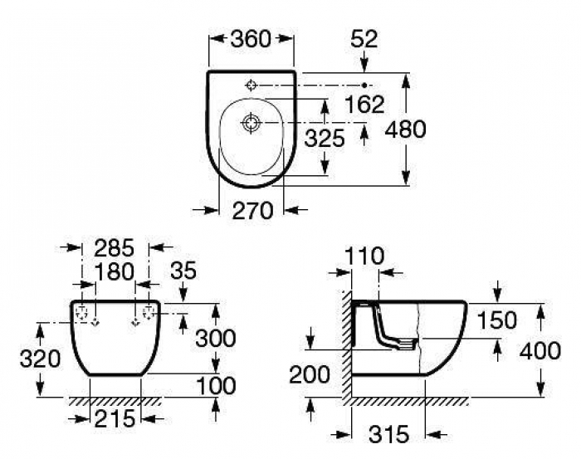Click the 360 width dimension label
251,39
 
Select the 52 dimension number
364,39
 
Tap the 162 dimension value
364,105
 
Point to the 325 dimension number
325,139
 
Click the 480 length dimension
406,129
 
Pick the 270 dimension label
252,211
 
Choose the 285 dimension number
114,248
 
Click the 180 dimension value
115,271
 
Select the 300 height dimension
216,338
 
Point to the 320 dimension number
40,359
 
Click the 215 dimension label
115,419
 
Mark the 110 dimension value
364,256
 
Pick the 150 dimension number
496,320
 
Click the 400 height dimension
540,351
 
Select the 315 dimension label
389,434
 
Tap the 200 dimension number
310,374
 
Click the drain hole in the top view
251,122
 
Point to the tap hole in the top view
251,85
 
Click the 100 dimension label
216,386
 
